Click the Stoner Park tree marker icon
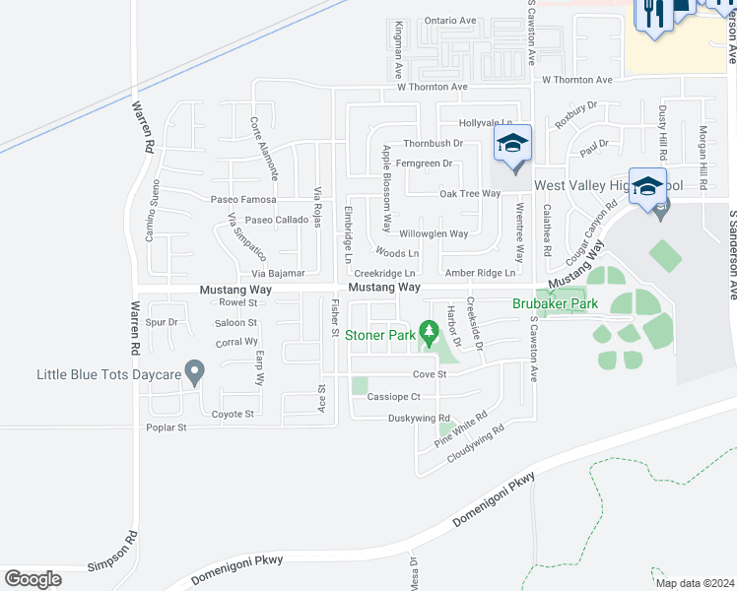428,329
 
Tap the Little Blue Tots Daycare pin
195,371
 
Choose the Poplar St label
166,427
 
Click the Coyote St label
233,414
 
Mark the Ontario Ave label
449,21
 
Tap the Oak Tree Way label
470,194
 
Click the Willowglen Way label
433,234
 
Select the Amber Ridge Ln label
480,273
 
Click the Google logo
33,579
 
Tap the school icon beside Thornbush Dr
512,145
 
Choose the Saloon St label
236,322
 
